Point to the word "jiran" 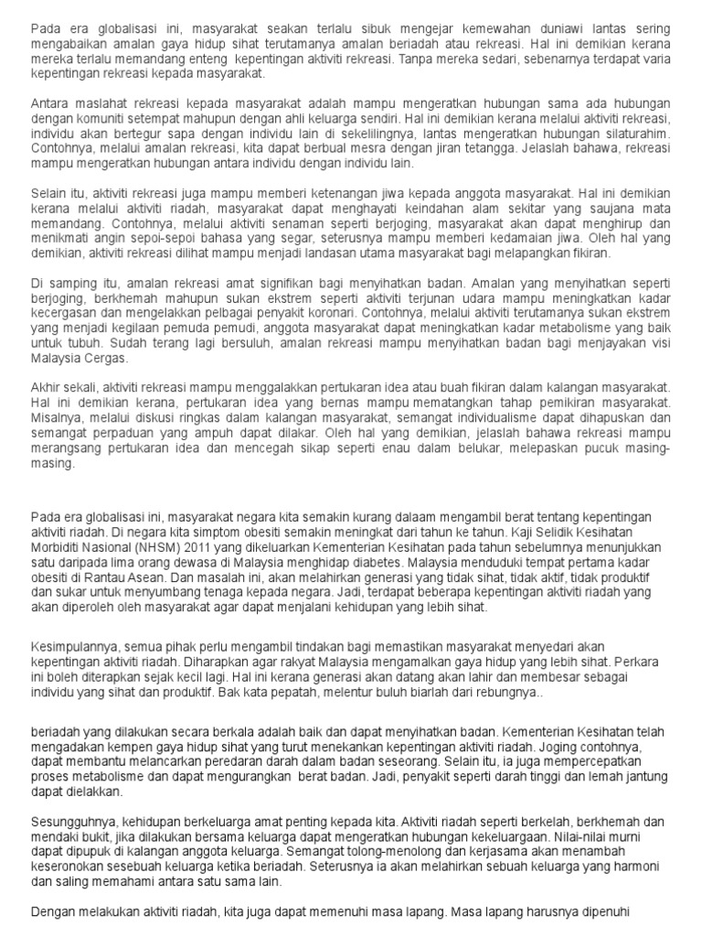pos(462,148)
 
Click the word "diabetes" pos(374,561)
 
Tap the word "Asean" pos(145,576)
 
